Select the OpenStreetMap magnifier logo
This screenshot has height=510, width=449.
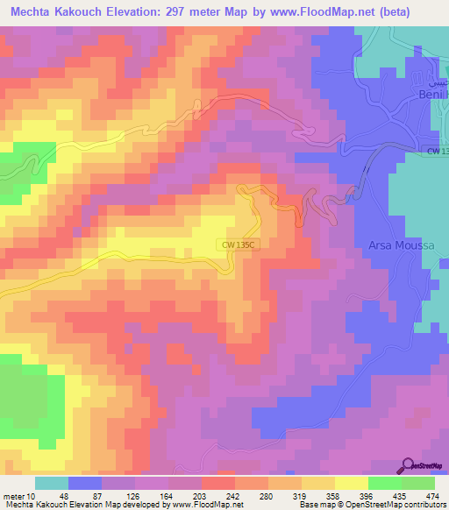coord(408,465)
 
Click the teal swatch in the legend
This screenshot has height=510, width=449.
coord(51,483)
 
